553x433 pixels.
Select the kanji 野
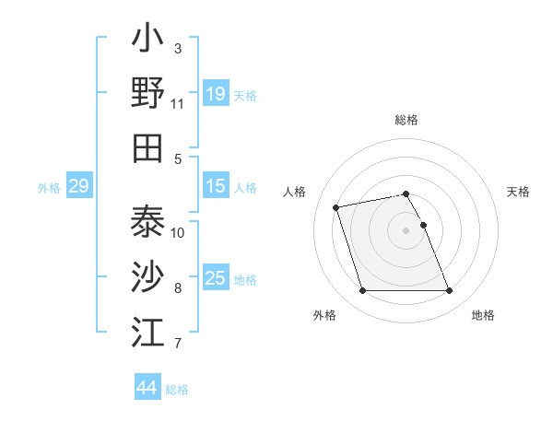click(x=147, y=92)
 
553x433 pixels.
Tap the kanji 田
click(x=147, y=147)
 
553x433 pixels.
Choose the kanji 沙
click(x=147, y=276)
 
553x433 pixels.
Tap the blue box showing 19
click(x=216, y=94)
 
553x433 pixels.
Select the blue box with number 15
click(x=216, y=187)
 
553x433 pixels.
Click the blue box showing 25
click(x=216, y=279)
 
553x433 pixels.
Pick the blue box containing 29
click(x=78, y=187)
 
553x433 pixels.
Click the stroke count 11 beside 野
click(x=178, y=104)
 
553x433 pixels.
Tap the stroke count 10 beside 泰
click(x=178, y=232)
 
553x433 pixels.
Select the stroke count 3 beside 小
click(x=178, y=48)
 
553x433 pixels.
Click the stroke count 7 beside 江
click(x=178, y=344)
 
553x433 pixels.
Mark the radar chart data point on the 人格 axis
click(x=336, y=206)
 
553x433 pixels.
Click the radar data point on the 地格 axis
click(x=449, y=291)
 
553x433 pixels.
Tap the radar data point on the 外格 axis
click(x=362, y=291)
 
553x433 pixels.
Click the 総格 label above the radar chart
click(x=406, y=120)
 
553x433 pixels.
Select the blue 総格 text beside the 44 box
click(x=177, y=390)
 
